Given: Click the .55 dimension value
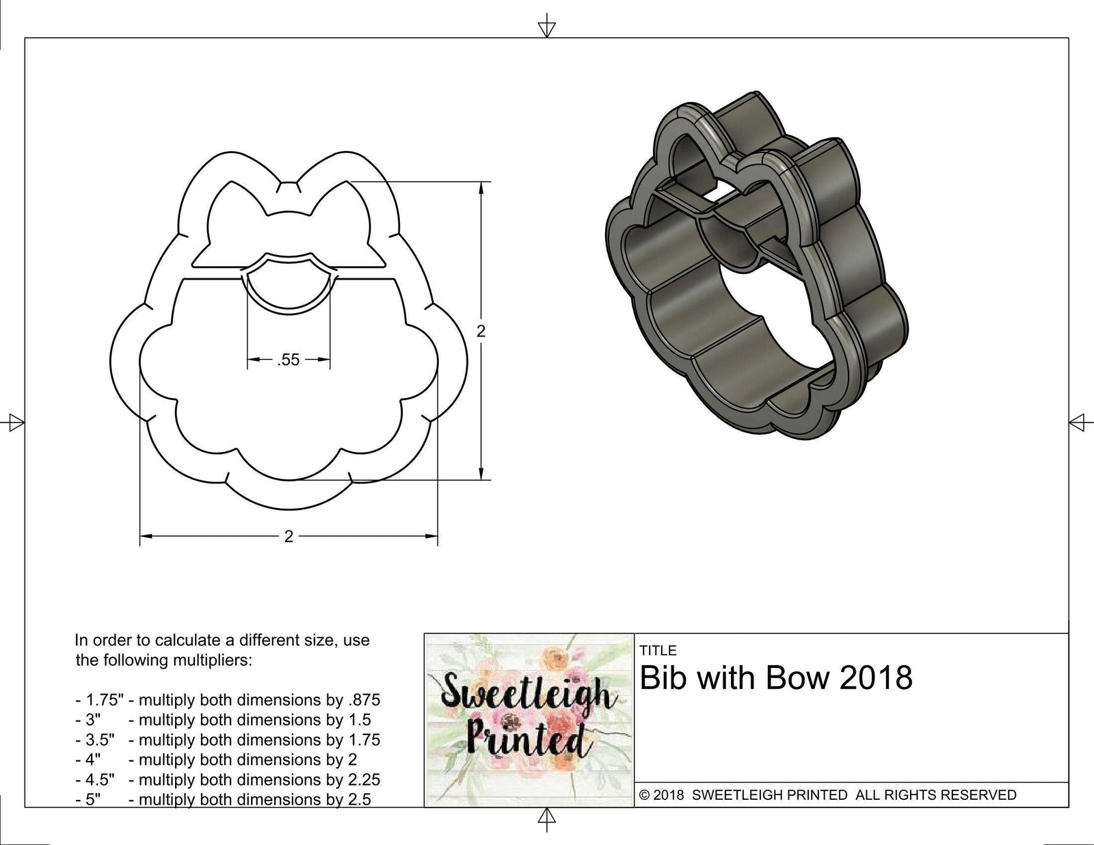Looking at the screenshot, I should [289, 360].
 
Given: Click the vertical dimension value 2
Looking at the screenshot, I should [481, 332].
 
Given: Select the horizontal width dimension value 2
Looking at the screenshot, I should [289, 537].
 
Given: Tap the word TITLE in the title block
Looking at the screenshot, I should [658, 650].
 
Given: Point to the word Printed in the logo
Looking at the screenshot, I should [526, 739].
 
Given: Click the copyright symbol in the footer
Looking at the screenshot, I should [644, 795].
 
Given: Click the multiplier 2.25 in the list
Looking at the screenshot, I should [362, 779].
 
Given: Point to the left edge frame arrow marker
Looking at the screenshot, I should [13, 422].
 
